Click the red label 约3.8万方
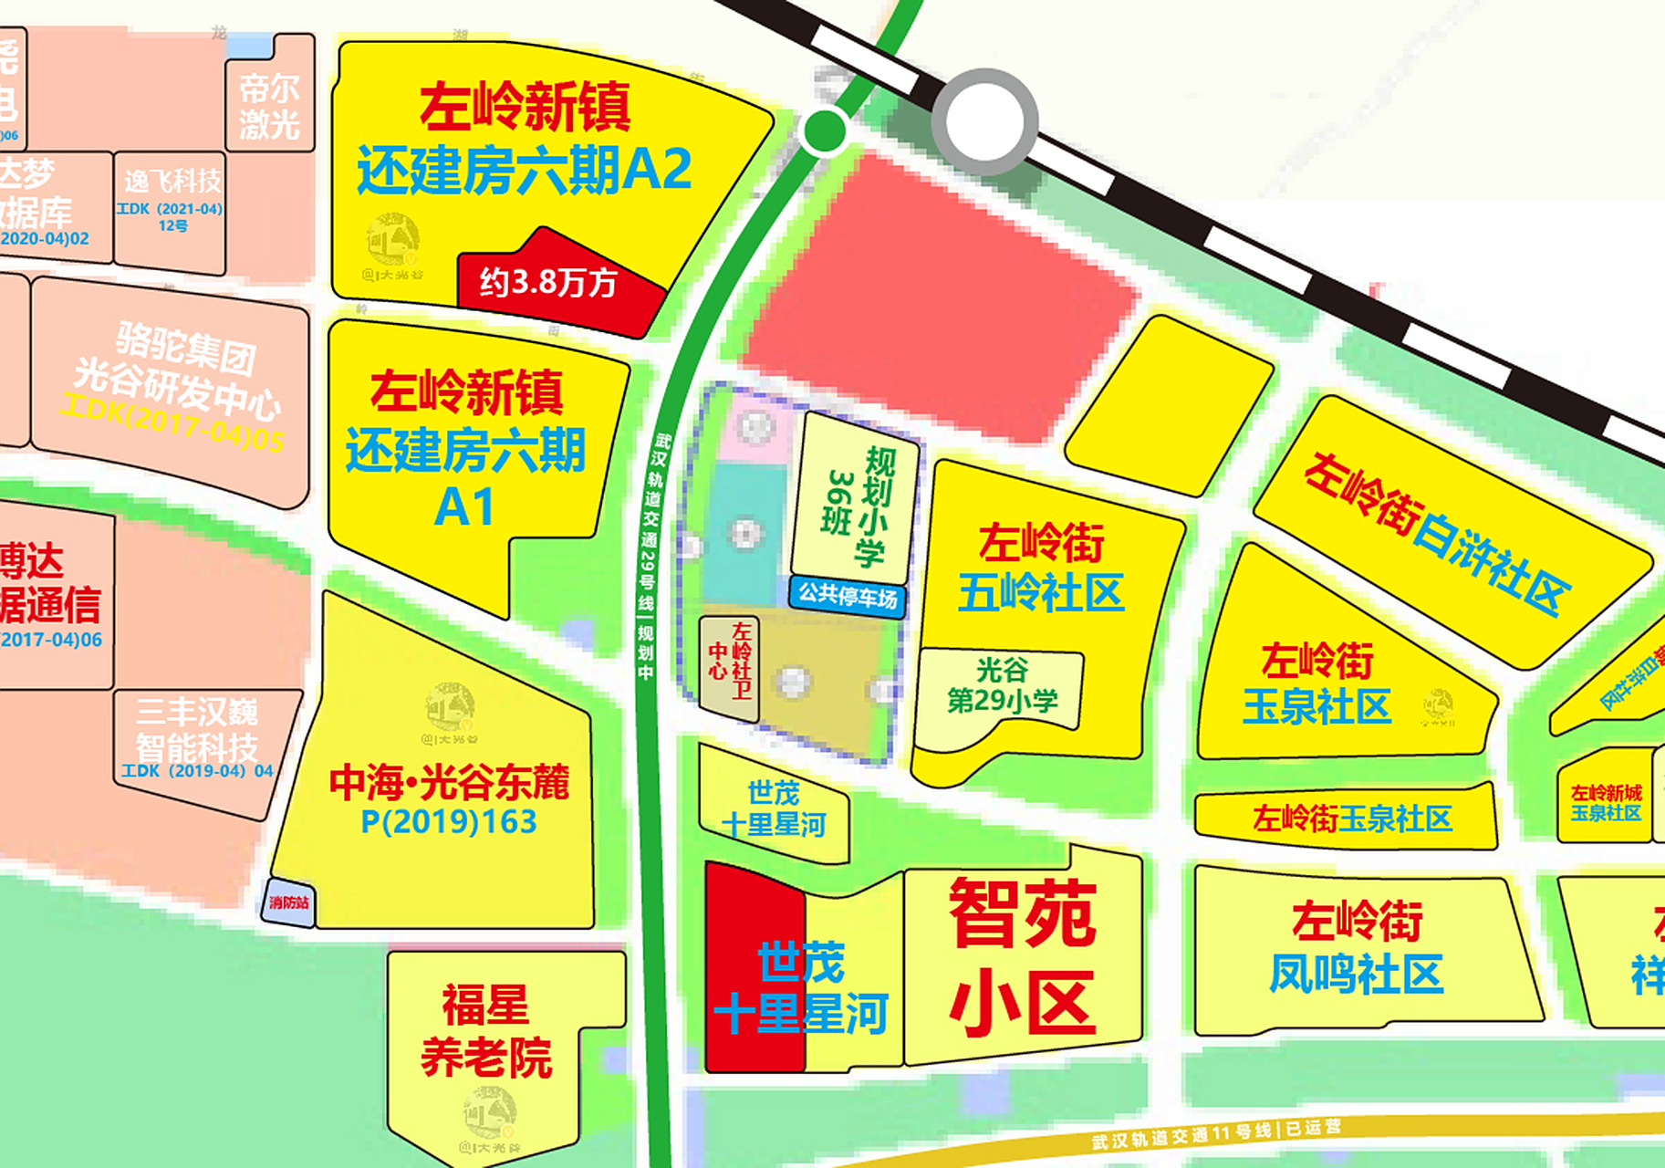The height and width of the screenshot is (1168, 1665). coord(548,283)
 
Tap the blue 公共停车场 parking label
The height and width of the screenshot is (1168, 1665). coord(848,597)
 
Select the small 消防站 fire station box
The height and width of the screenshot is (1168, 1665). coord(288,902)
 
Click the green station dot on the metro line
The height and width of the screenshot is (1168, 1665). coord(825,130)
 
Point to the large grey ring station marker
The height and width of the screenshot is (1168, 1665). coord(984,121)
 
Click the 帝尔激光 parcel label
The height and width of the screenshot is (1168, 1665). coord(269,106)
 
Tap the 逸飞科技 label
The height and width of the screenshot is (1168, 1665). coord(172,182)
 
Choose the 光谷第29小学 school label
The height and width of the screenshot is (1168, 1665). coord(1002,685)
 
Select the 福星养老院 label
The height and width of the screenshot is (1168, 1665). coord(486,1031)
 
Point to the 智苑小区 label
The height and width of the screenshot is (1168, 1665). coord(1023,957)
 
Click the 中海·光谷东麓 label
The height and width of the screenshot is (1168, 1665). coord(449,783)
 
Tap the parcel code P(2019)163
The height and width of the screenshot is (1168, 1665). coord(449,822)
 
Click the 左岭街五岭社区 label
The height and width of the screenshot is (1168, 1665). coord(1041,568)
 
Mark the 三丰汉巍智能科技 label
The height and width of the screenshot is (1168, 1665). coord(197,729)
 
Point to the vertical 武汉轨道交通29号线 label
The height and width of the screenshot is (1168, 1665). coord(650,557)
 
